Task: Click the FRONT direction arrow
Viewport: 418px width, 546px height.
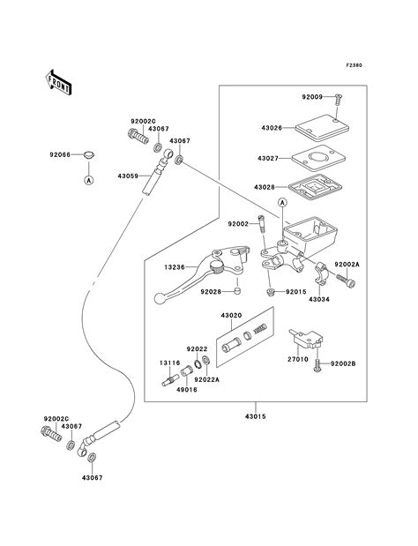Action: [58, 83]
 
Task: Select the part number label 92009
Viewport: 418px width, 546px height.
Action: [312, 97]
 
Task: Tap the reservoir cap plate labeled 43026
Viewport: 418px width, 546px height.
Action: [322, 128]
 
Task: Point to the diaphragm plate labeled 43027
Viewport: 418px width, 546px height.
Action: [319, 159]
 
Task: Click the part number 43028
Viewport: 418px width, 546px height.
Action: [265, 187]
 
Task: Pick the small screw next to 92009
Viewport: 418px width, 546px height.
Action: [338, 101]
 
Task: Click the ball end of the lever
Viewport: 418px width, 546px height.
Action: [160, 299]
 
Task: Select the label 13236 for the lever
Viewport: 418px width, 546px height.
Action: [175, 267]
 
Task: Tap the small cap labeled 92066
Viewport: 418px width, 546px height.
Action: [89, 155]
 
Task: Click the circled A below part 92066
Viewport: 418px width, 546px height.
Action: [89, 180]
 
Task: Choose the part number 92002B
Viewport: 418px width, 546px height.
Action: [343, 364]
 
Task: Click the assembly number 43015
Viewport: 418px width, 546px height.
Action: [256, 416]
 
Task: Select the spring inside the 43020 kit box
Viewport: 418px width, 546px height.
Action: [260, 328]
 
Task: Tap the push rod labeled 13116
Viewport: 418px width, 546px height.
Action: [170, 379]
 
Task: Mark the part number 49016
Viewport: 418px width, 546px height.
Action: [186, 390]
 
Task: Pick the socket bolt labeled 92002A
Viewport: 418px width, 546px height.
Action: [346, 281]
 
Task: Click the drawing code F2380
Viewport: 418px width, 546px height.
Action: [354, 65]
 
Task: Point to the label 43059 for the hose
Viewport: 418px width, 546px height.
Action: [129, 176]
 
